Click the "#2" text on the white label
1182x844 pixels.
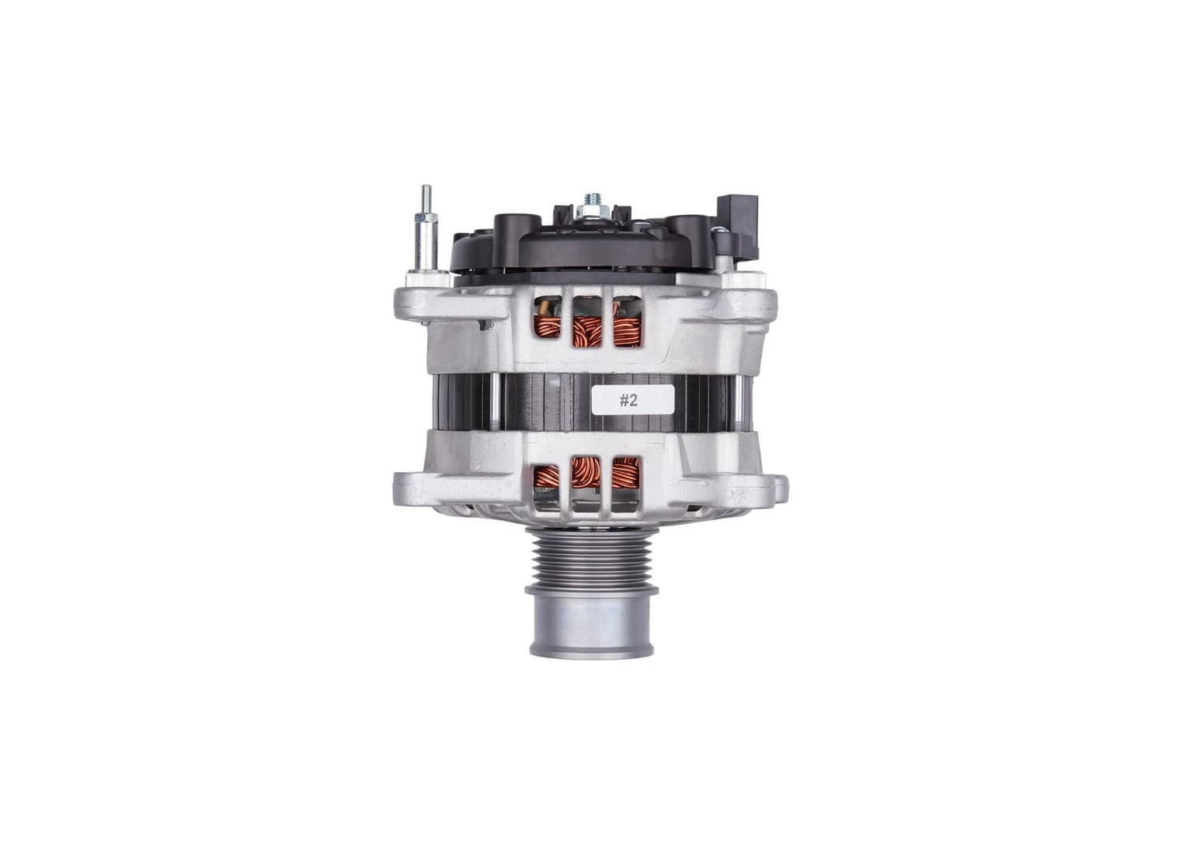[x=627, y=400]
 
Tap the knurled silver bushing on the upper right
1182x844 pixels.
[x=753, y=277]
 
